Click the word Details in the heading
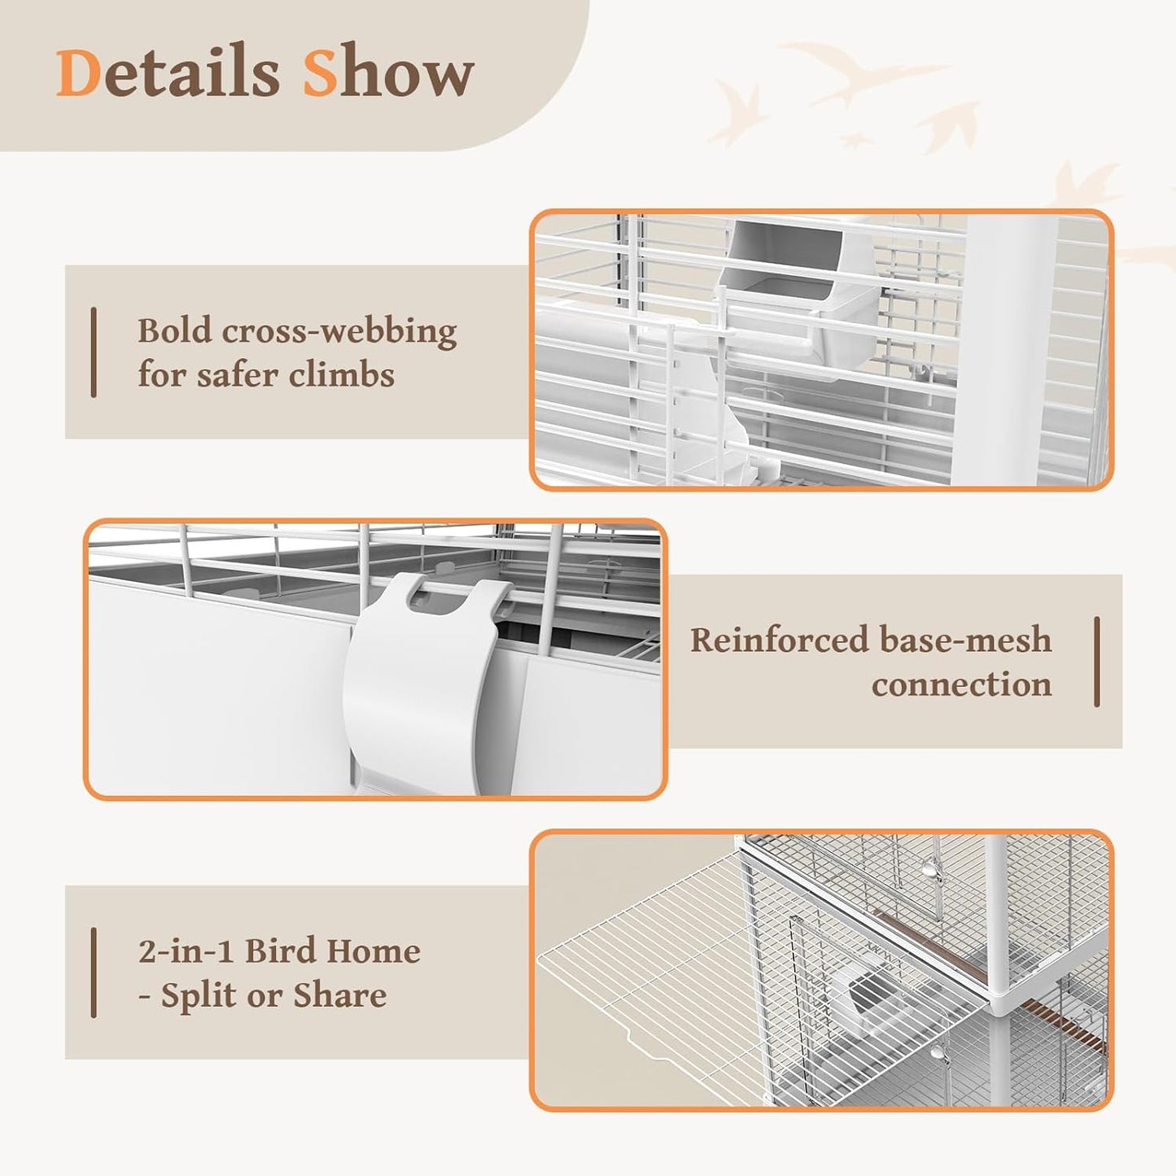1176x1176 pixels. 168,73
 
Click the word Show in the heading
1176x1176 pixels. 388,73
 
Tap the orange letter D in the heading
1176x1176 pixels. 78,73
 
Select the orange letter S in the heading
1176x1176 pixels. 320,73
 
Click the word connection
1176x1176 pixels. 961,684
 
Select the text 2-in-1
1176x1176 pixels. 186,951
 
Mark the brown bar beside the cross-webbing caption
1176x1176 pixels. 94,352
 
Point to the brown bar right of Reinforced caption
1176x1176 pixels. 1097,662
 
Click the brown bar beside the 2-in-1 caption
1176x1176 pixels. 94,973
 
